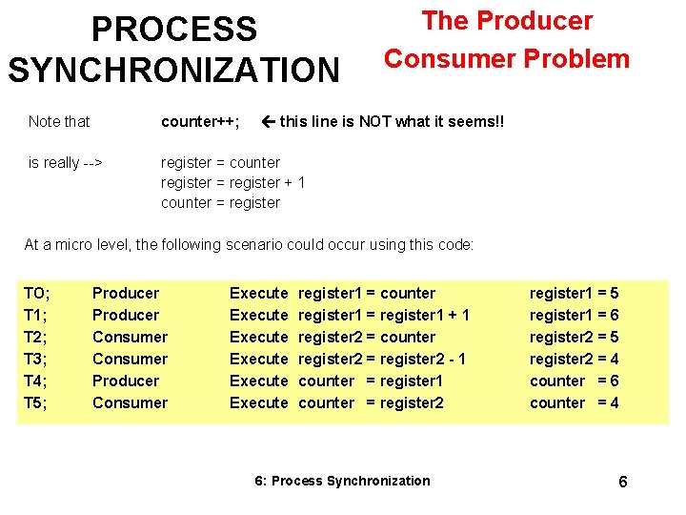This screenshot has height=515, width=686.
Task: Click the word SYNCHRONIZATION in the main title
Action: tap(173, 70)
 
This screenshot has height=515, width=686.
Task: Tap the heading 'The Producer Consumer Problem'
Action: tap(507, 40)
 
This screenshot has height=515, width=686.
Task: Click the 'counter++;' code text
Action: tap(200, 121)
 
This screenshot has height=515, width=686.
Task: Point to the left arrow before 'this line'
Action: tap(268, 121)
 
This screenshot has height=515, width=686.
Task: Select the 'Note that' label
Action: tap(59, 121)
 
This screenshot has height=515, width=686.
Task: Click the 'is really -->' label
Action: tap(66, 162)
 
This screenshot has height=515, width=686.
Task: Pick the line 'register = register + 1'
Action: tap(232, 182)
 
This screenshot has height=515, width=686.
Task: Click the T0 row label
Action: tap(37, 293)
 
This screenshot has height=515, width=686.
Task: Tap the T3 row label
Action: tap(37, 359)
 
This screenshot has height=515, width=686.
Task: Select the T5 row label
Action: tap(37, 402)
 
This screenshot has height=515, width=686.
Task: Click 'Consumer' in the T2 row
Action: tap(130, 337)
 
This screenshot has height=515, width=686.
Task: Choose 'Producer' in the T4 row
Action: tap(126, 381)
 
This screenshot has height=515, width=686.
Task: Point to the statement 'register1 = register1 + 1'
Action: tap(384, 315)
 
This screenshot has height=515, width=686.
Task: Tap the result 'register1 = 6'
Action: tap(574, 315)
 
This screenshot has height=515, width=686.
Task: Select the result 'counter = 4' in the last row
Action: tap(574, 402)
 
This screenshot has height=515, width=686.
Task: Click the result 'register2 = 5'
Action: tap(574, 337)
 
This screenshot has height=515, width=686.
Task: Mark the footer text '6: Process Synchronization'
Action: tap(343, 481)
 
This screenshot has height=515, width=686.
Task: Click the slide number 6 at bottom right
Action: tap(623, 482)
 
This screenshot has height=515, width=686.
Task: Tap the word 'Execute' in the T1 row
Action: tap(258, 315)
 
